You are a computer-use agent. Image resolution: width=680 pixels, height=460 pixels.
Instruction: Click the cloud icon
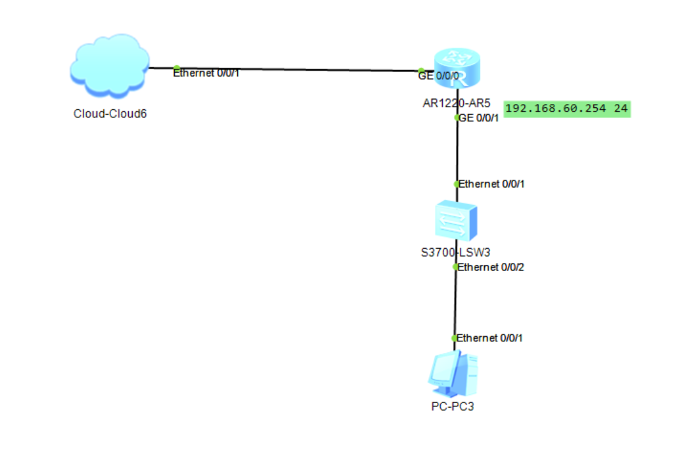point(109,66)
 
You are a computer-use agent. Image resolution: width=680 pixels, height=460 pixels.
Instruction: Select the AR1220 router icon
point(457,69)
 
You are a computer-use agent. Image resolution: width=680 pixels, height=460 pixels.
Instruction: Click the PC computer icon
point(453,374)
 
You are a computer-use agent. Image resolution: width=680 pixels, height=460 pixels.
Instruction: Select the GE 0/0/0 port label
point(438,76)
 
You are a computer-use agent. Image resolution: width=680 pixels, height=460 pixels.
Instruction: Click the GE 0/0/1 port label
point(479,117)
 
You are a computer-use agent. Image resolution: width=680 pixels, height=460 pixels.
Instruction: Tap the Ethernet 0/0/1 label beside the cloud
point(207,73)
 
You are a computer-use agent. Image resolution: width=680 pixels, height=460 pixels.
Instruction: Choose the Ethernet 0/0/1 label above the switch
point(492,184)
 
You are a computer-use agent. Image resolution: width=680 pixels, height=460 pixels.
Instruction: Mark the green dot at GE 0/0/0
point(422,70)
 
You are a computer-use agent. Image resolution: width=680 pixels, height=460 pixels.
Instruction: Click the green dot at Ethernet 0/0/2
point(455,267)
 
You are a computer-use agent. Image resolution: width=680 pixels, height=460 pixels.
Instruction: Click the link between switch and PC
point(455,303)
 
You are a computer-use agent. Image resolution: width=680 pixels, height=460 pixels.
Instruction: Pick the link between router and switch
point(457,151)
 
